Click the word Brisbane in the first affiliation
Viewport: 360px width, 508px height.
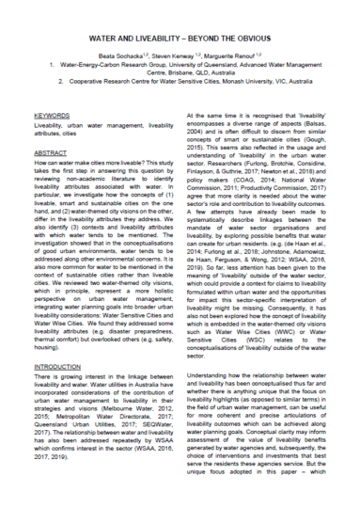166,73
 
